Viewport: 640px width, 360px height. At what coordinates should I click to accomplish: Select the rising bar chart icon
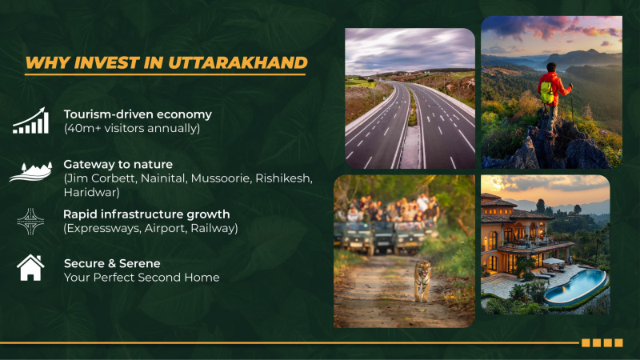pos(30,121)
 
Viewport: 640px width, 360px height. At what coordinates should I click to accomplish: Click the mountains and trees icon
pos(30,171)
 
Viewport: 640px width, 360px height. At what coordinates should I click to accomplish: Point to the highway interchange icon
pos(30,221)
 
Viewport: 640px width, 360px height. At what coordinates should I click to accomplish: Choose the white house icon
pos(30,267)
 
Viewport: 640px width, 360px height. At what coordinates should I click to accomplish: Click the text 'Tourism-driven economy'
pos(138,114)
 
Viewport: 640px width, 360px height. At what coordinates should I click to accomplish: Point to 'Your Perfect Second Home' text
pos(142,278)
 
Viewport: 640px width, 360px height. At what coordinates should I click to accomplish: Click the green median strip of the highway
pos(412,112)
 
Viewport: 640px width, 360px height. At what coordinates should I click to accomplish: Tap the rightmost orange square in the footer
pos(618,342)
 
